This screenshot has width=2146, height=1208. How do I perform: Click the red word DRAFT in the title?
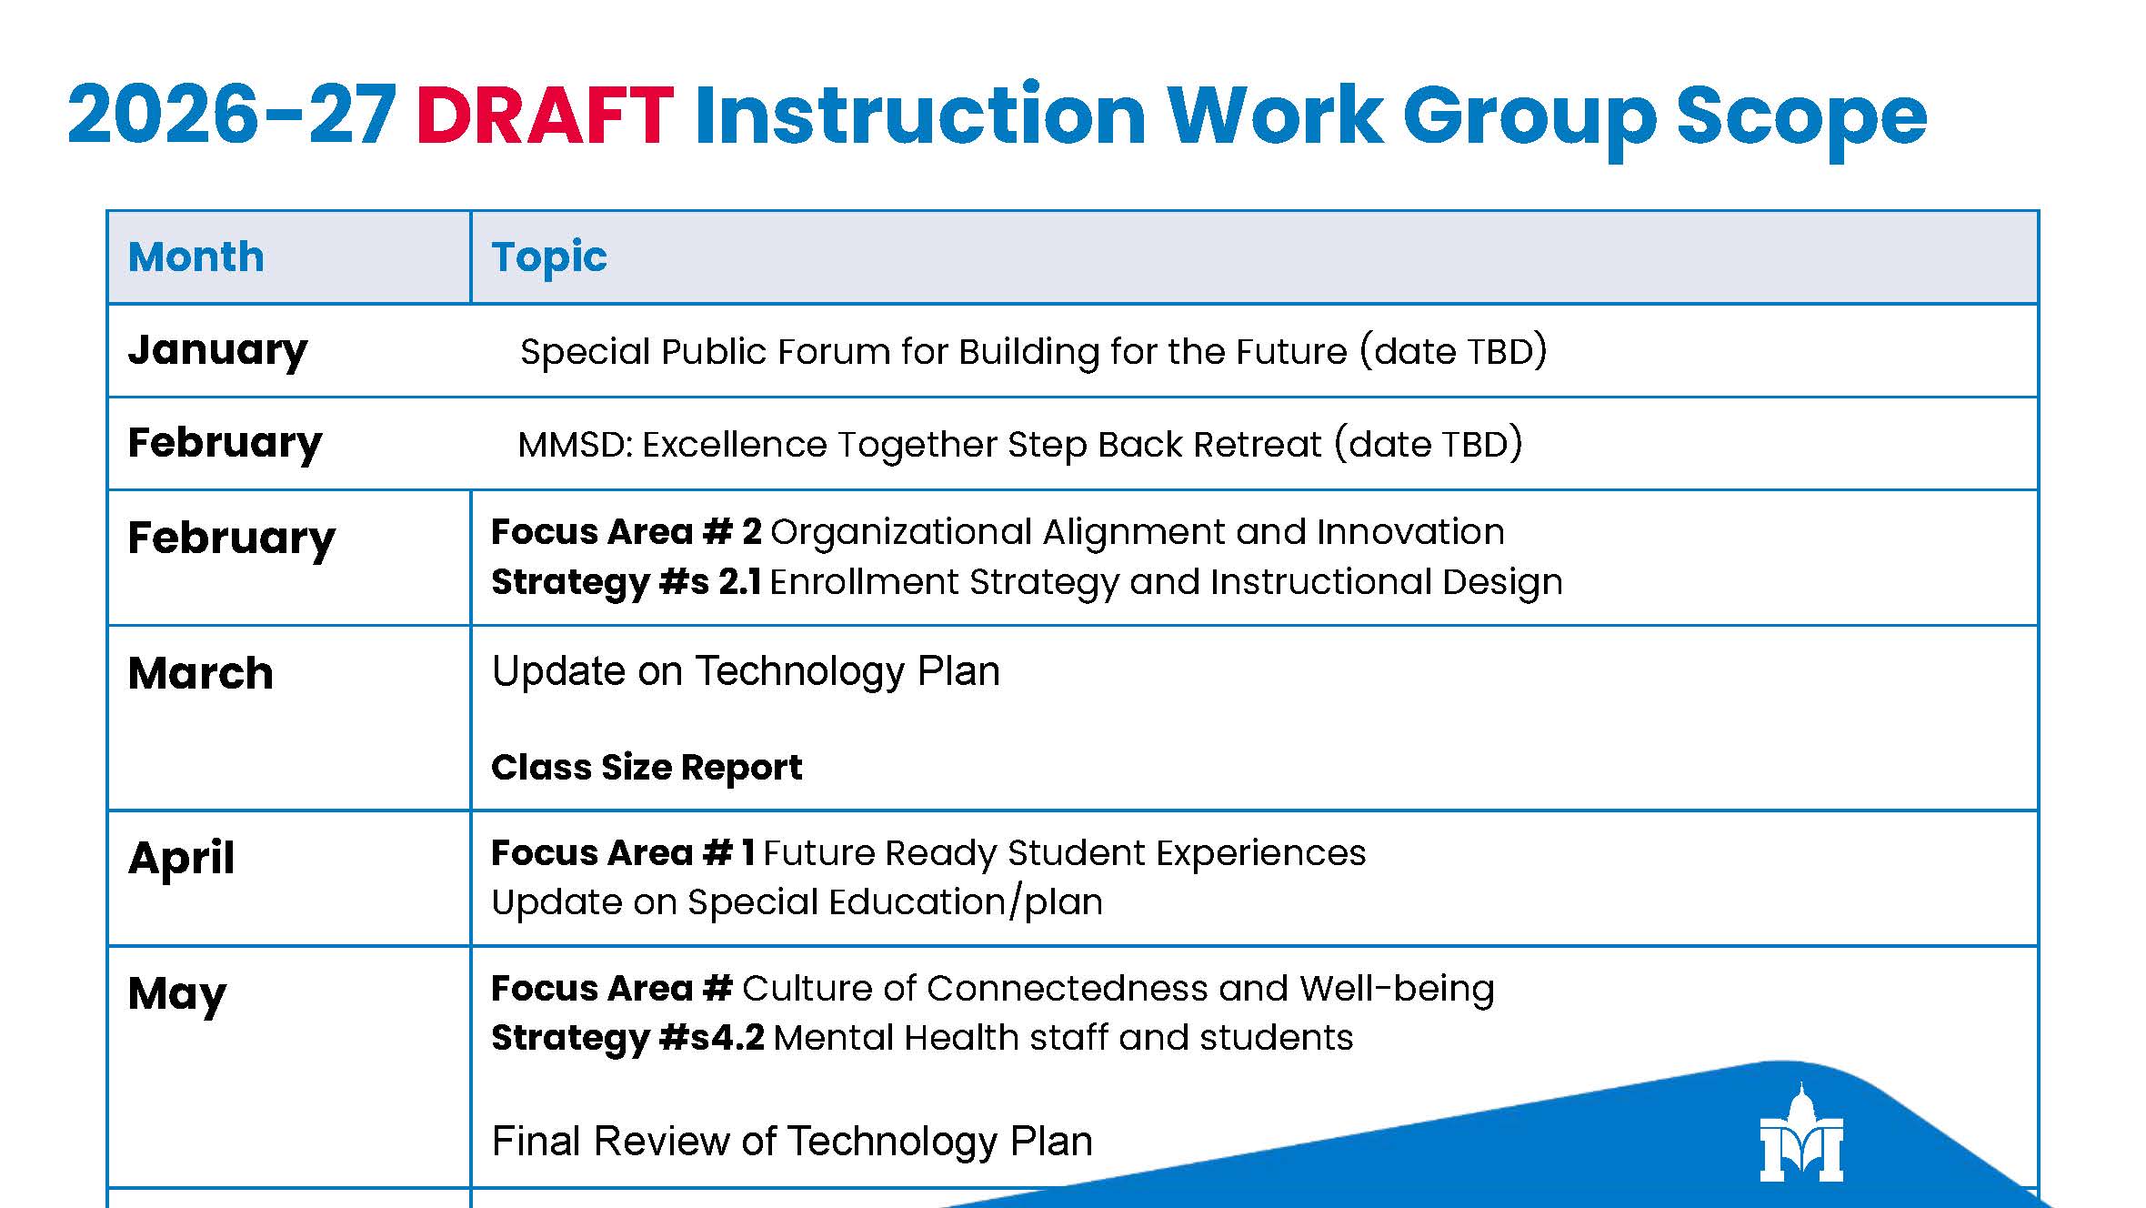545,116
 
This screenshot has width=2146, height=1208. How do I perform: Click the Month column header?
196,257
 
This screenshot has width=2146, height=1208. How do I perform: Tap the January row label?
218,351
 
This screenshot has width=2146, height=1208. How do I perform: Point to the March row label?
201,673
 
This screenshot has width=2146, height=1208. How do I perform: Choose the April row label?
182,858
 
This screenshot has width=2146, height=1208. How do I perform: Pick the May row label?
177,994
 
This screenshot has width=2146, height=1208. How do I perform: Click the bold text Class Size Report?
647,768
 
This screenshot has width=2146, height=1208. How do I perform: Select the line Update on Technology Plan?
746,671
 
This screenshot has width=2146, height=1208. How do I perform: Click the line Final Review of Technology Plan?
792,1141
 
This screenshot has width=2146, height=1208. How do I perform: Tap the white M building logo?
1801,1133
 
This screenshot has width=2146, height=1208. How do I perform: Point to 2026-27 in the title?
232,116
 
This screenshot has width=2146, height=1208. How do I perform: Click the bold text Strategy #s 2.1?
627,582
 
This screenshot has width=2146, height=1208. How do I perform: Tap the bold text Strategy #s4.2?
627,1038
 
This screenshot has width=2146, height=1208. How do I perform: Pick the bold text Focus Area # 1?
623,853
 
